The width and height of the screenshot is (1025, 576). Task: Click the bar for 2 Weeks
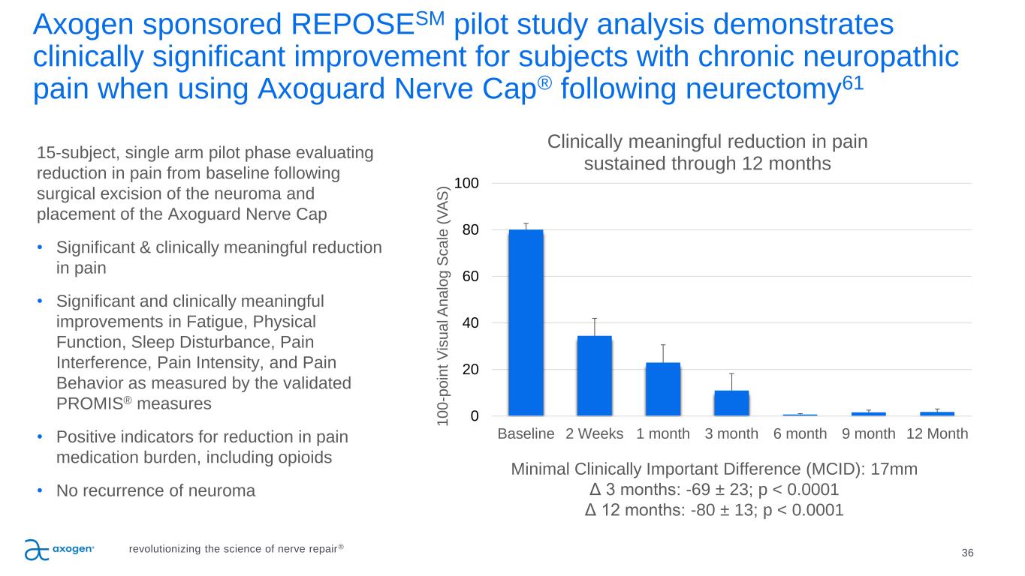click(594, 375)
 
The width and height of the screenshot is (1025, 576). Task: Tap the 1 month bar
click(662, 388)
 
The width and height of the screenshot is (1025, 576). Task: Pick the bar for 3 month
click(731, 403)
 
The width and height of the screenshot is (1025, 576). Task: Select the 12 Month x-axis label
click(936, 434)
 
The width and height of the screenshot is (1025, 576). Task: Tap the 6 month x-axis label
click(800, 434)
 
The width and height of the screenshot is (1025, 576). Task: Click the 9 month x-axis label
click(868, 434)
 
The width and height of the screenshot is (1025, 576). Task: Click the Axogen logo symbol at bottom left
click(36, 550)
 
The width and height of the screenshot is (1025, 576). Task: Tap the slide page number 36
click(967, 553)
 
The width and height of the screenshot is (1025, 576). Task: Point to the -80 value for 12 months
click(706, 510)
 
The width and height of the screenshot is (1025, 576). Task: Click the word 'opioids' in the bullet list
click(305, 457)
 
